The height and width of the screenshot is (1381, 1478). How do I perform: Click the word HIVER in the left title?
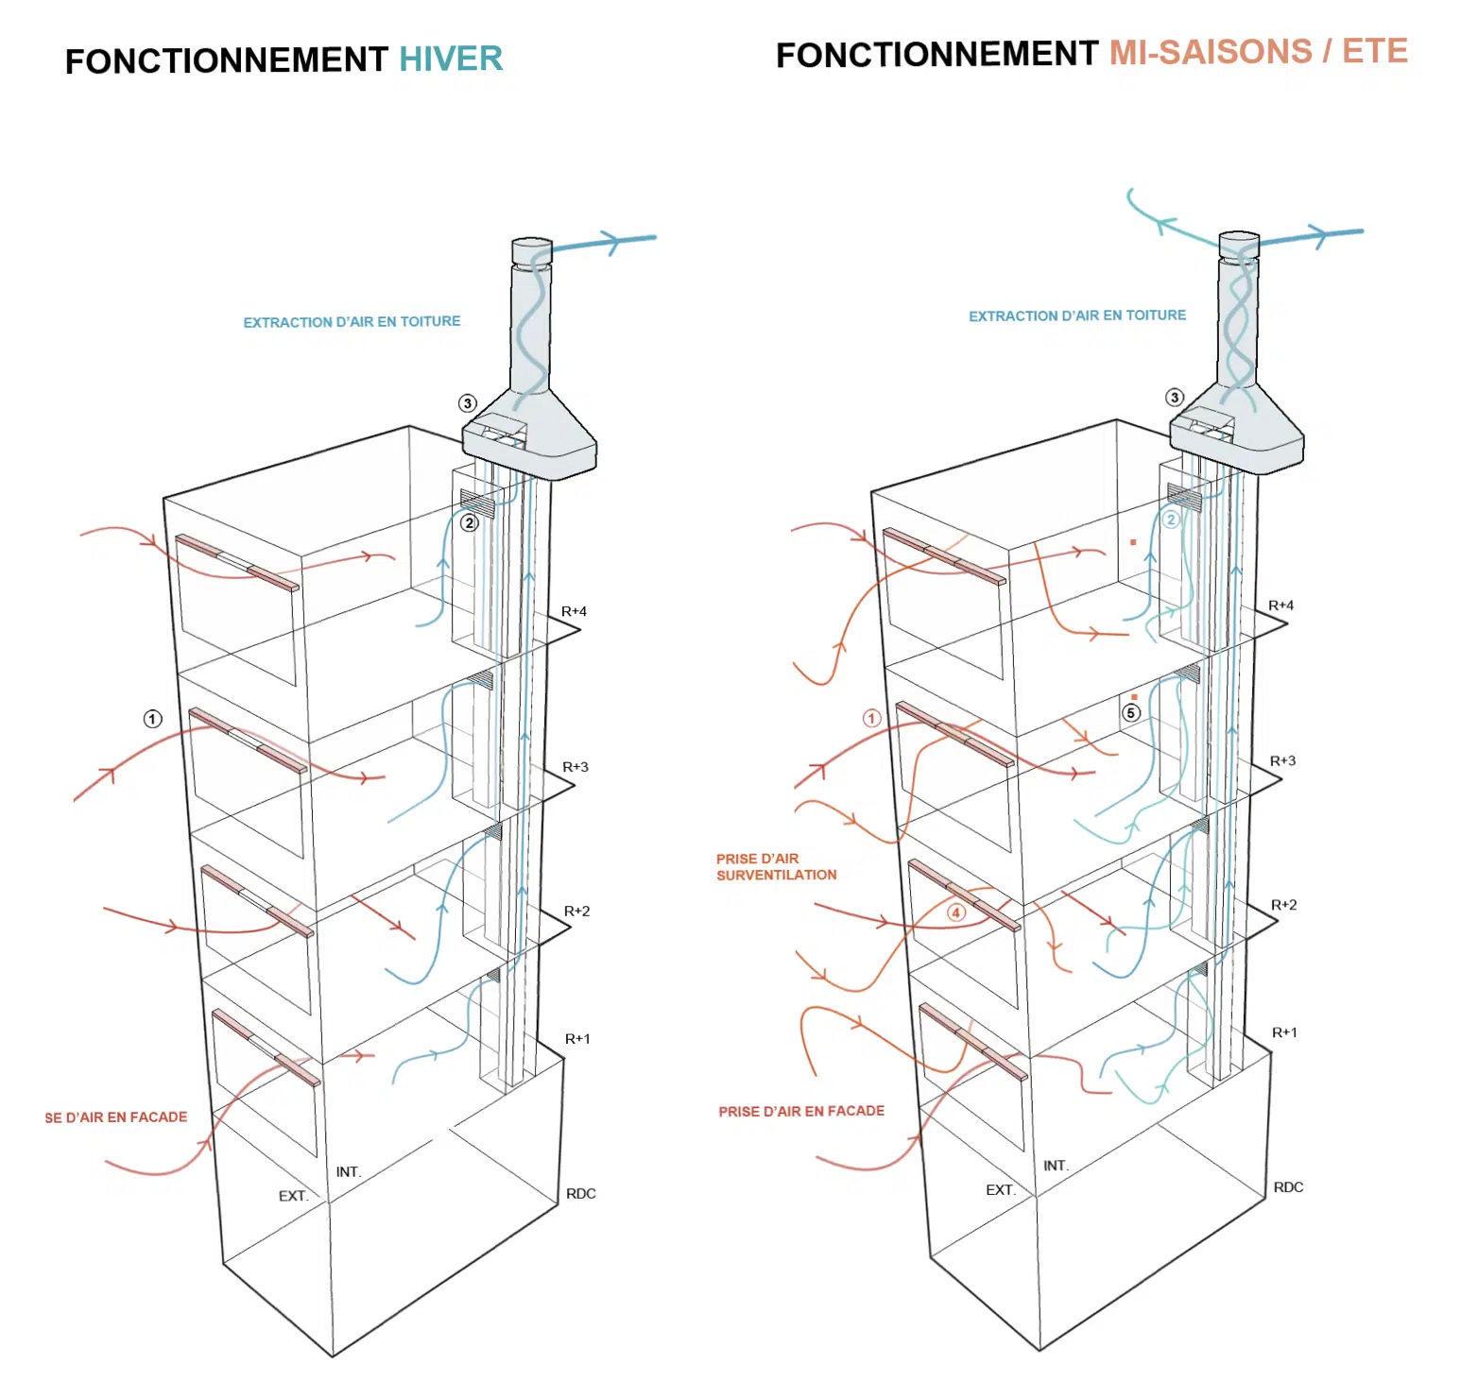451,59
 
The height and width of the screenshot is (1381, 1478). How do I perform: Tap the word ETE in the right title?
1375,50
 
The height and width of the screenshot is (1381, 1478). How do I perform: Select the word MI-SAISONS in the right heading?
1211,52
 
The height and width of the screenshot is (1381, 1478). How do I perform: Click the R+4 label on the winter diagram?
574,611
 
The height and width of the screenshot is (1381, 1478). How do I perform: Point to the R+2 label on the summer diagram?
1283,905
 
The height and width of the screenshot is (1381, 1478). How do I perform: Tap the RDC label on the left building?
581,1194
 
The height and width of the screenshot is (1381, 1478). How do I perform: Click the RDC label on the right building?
1288,1187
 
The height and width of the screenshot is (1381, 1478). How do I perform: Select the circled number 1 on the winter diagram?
152,719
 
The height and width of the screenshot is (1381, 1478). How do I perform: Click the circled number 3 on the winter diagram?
467,403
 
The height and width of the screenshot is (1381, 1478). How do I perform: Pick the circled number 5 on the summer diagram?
1130,713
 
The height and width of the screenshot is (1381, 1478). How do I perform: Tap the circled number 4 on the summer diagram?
956,912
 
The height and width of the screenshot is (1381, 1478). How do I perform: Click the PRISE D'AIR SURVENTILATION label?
776,867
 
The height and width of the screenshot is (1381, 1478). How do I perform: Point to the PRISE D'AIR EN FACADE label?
801,1112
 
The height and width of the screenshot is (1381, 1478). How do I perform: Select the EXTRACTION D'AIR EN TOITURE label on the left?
352,322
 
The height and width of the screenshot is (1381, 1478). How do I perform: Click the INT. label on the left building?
349,1172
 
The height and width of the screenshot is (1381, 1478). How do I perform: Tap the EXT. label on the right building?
1001,1190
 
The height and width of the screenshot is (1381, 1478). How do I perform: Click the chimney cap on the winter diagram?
531,251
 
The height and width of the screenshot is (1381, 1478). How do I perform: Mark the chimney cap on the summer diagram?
1239,245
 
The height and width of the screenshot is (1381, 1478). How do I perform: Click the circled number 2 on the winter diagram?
469,522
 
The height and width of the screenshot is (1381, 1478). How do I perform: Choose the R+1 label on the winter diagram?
577,1039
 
